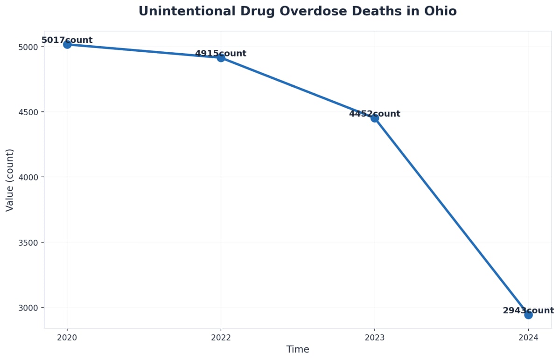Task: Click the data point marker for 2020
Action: coord(67,44)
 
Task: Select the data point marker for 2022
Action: coord(221,57)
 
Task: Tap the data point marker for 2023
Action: coord(374,118)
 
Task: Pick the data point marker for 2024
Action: coord(528,315)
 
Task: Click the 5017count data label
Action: coord(67,40)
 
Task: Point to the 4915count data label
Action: coord(220,54)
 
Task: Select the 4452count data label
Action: coord(374,114)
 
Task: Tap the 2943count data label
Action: coord(528,311)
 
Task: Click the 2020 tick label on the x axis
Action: coord(67,338)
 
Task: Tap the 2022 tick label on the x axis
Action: coord(221,338)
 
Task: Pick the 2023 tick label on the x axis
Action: coord(374,338)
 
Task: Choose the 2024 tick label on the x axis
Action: coord(528,338)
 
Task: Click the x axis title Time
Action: coord(298,350)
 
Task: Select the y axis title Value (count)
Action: coord(10,180)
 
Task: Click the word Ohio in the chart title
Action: coord(440,11)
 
